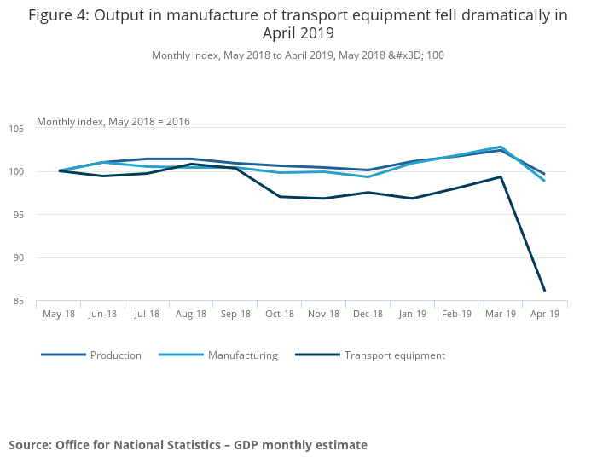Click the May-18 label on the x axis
pos(59,314)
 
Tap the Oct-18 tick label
pos(280,314)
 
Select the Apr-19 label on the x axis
pos(544,314)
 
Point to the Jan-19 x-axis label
pos(412,314)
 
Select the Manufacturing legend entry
pos(242,355)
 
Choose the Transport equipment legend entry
pos(394,355)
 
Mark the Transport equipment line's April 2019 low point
pos(544,291)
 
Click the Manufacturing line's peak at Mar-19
pos(501,147)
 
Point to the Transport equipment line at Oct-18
pos(280,197)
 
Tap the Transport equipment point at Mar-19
pos(501,177)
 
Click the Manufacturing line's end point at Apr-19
pos(544,181)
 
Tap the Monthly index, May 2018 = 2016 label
pos(113,121)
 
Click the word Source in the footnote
pos(30,445)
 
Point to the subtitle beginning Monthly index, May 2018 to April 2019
pos(298,55)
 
